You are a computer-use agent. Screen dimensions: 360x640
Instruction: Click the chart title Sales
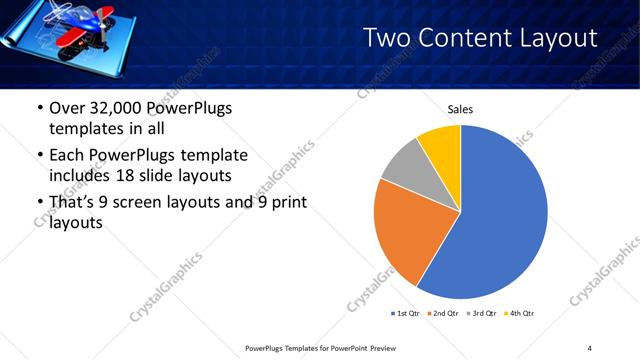[x=460, y=110]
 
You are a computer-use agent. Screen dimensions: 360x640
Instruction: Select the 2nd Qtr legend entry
[x=446, y=313]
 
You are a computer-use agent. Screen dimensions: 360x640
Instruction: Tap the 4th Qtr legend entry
[x=523, y=313]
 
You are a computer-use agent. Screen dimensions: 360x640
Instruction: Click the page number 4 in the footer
[x=590, y=347]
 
